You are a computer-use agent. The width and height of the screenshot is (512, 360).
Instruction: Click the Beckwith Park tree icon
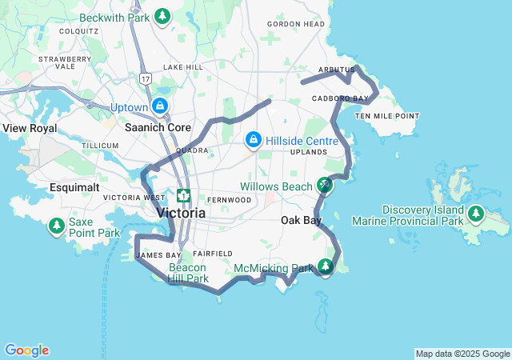[162, 15]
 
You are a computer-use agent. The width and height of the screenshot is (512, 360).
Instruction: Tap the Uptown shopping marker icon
[161, 106]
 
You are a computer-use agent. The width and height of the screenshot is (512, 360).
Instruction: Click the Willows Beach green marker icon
[324, 185]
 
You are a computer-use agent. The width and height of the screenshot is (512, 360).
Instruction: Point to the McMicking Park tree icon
[325, 266]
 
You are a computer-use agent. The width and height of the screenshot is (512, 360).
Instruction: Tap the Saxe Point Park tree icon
[56, 226]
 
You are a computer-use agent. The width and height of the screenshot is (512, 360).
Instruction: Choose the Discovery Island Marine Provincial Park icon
[476, 214]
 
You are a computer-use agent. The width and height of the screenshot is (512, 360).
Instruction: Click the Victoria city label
[181, 214]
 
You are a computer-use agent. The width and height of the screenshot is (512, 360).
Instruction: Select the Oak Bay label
[301, 220]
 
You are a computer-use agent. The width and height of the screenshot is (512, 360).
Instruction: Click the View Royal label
[30, 128]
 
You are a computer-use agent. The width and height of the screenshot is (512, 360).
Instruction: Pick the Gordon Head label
[296, 24]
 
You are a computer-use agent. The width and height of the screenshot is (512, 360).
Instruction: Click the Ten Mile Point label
[387, 116]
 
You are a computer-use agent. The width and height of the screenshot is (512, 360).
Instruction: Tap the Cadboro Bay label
[340, 98]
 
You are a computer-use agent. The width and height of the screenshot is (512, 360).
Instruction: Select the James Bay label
[154, 255]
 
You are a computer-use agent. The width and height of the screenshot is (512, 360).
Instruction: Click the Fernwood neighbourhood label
[229, 199]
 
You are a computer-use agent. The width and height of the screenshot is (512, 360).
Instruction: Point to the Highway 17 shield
[144, 78]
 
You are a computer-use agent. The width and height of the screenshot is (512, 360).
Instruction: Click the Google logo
[26, 350]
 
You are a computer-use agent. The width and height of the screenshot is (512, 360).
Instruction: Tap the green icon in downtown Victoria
[183, 196]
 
